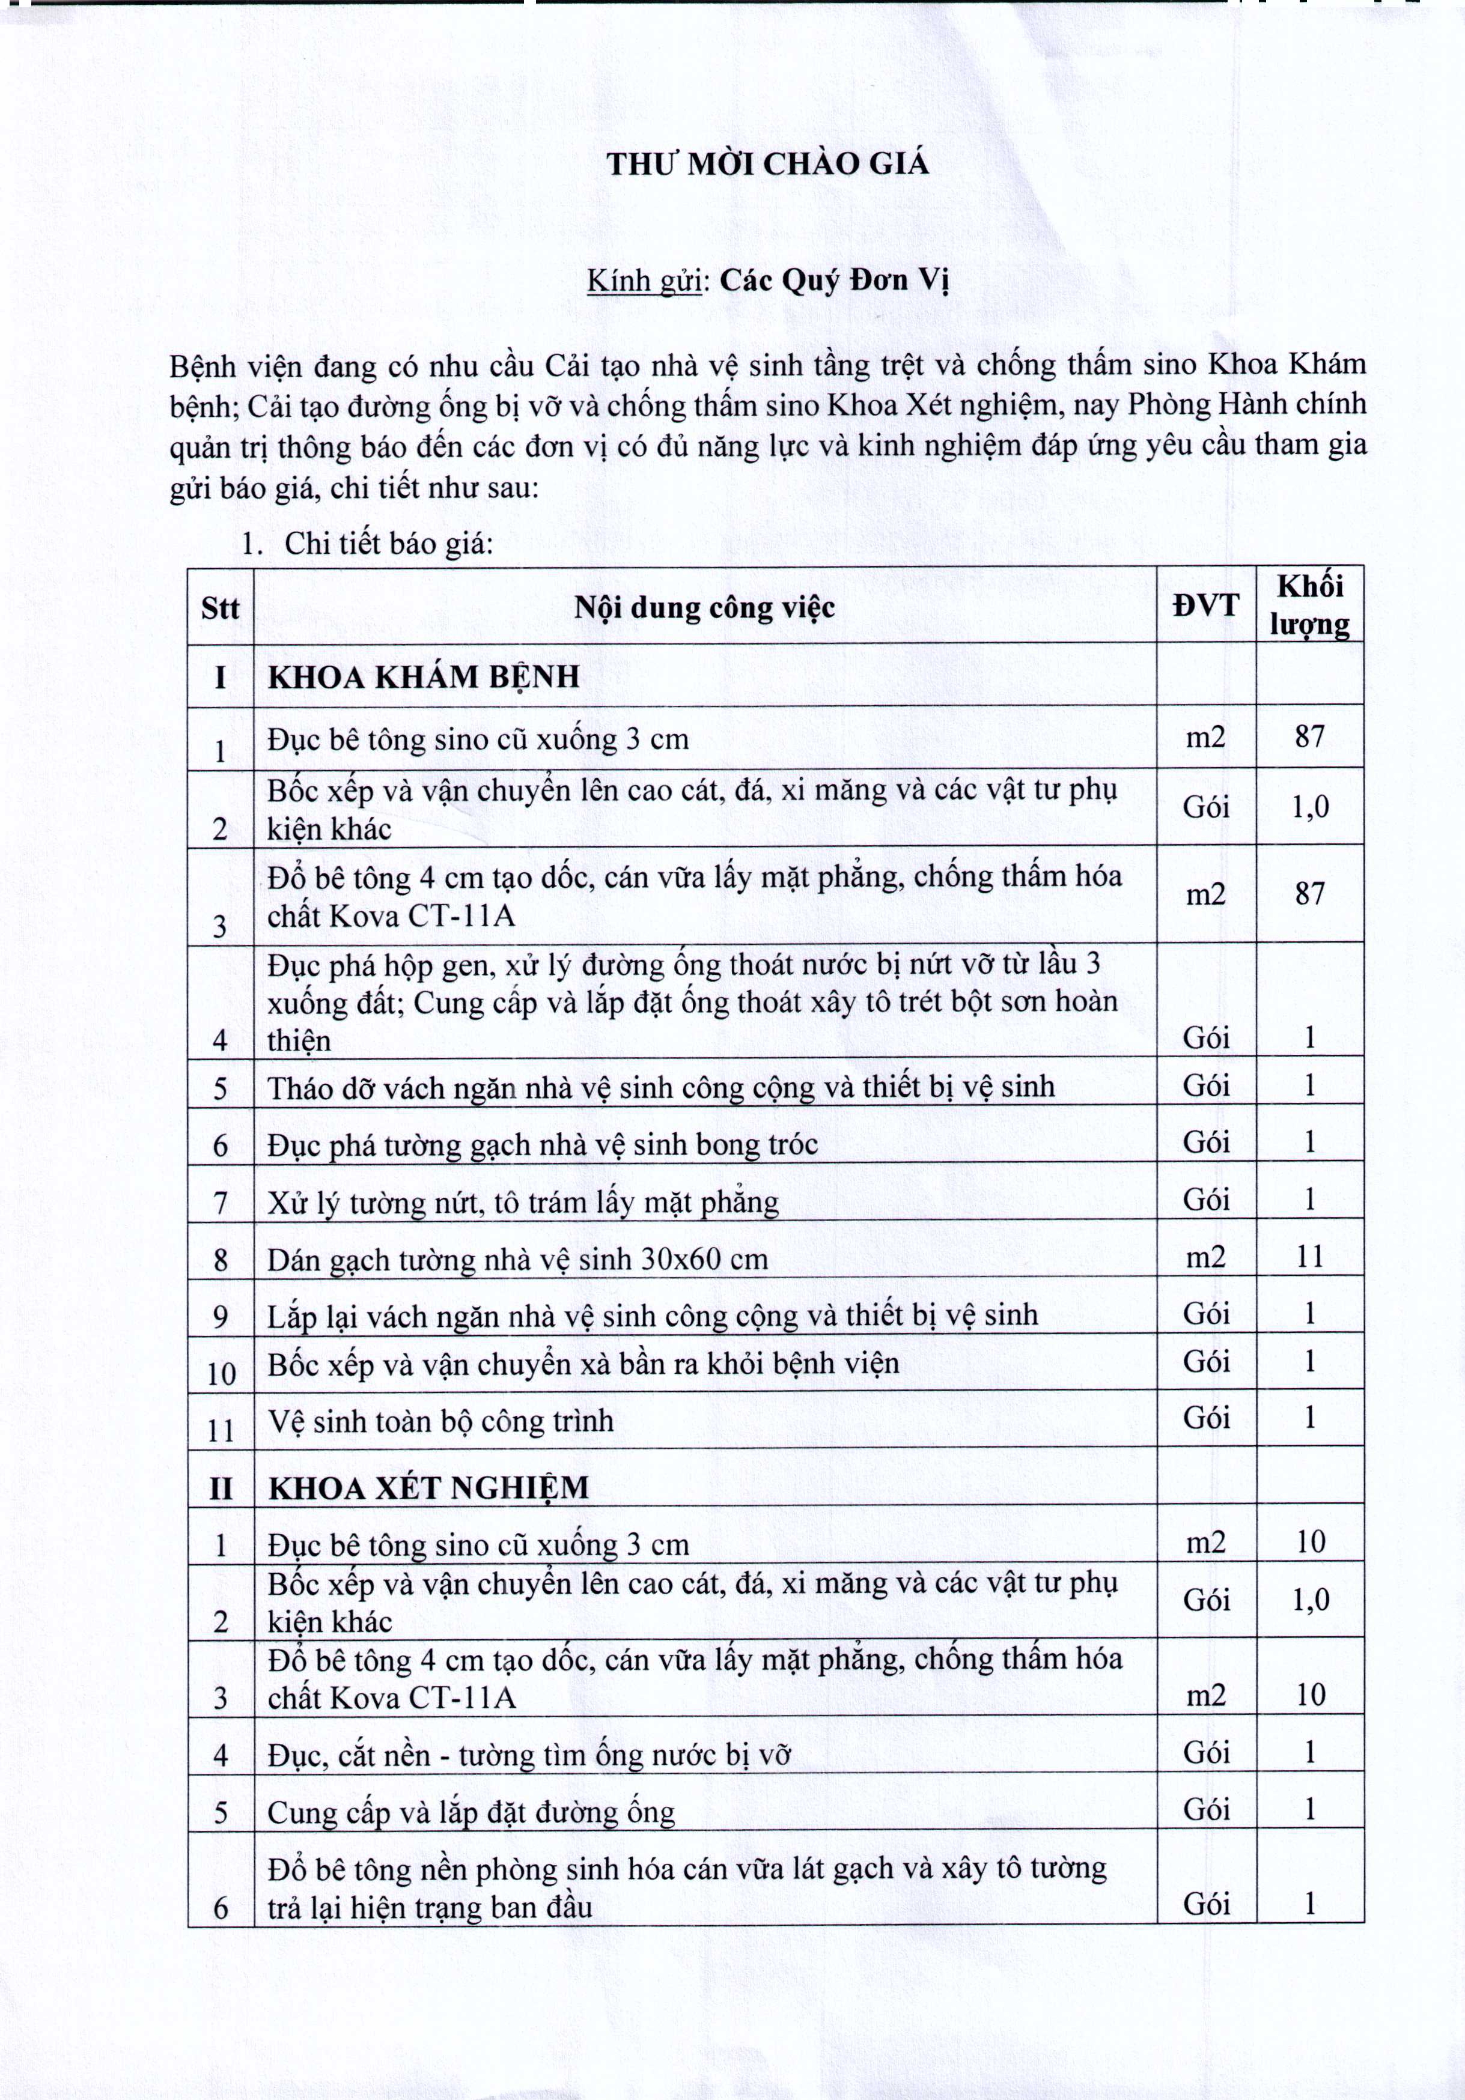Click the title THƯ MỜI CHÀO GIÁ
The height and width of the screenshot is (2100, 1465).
coord(767,165)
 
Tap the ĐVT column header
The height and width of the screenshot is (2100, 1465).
coord(1205,605)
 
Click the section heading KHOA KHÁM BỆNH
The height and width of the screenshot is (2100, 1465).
coord(424,677)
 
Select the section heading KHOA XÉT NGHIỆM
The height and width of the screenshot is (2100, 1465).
coord(428,1487)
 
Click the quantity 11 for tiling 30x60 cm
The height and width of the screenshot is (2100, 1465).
coord(1309,1257)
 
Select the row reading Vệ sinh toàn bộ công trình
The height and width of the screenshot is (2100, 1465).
coord(440,1421)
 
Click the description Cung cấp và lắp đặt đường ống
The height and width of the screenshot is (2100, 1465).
coord(471,1812)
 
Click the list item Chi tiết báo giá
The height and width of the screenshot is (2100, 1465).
coord(388,544)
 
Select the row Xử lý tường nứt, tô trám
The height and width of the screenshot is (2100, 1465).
coord(523,1203)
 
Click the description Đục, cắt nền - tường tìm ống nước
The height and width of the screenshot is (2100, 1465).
coord(529,1754)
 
